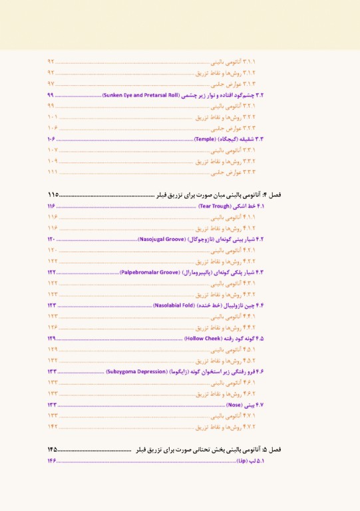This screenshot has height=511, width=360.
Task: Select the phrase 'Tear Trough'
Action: pyautogui.click(x=216, y=207)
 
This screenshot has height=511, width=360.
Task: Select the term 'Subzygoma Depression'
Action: pyautogui.click(x=138, y=371)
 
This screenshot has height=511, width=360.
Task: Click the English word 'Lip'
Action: pyautogui.click(x=242, y=460)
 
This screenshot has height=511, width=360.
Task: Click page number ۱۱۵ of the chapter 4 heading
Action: pyautogui.click(x=53, y=195)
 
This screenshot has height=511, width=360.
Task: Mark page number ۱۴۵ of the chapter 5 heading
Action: pyautogui.click(x=53, y=450)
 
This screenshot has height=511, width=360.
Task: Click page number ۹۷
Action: pyautogui.click(x=51, y=84)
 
